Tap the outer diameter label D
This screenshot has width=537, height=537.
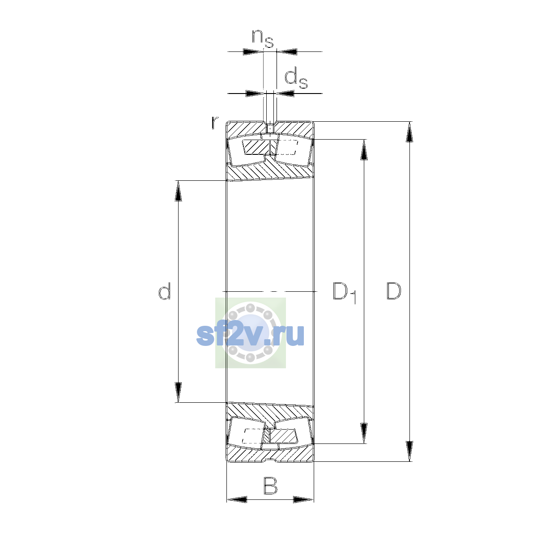point(393,291)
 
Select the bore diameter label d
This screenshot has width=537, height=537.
point(164,291)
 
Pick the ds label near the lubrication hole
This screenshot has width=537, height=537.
point(296,79)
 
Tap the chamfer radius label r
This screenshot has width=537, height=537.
point(215,123)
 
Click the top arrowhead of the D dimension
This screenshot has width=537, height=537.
point(409,132)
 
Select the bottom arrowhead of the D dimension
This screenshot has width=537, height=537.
point(409,451)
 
